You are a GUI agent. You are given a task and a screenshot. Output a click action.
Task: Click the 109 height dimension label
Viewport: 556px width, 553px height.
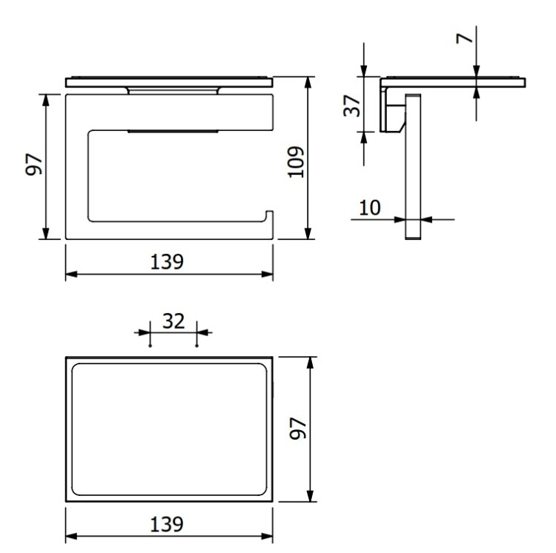pos(296,162)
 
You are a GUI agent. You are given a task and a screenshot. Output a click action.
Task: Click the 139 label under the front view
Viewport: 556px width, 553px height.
pos(167,262)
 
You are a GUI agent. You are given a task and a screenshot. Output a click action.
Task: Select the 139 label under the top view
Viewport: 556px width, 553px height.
pos(167,524)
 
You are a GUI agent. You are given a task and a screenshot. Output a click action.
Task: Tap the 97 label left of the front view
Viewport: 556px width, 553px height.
pos(34,164)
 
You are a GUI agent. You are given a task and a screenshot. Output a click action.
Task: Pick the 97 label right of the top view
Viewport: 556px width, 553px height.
pos(298,429)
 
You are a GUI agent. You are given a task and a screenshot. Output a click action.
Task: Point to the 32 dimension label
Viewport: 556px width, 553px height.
pos(173,321)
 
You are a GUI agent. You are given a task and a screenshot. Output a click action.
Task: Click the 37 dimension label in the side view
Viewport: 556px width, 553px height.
pos(351,106)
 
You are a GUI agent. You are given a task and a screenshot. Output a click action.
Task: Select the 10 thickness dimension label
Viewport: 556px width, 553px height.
pos(370,207)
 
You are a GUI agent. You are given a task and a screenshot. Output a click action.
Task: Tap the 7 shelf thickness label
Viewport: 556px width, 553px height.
pos(465,38)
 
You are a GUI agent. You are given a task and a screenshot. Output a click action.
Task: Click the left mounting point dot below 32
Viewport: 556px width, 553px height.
pos(150,346)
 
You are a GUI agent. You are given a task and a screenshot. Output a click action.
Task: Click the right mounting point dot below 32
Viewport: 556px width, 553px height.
pos(196,346)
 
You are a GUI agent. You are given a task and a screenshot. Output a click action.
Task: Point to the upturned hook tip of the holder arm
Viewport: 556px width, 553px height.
pos(270,212)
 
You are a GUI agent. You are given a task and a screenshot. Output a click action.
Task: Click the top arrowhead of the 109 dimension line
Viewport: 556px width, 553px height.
pos(308,82)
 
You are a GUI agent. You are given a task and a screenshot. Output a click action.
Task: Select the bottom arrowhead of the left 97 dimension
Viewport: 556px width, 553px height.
pos(45,233)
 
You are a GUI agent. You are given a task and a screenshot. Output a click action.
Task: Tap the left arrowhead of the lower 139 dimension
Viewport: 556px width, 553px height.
pos(72,537)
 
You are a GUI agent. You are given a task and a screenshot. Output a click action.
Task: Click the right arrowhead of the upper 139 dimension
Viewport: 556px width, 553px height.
pos(267,274)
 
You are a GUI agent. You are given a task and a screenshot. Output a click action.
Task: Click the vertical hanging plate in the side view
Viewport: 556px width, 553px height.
pos(413,167)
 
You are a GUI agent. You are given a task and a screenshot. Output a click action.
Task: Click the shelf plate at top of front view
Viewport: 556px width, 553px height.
pos(169,82)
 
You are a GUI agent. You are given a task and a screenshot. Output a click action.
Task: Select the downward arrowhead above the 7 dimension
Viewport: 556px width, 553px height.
pos(476,71)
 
